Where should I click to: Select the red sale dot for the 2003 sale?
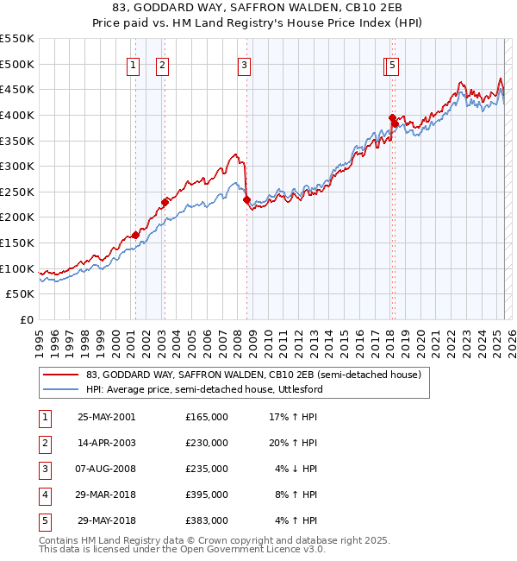point(164,202)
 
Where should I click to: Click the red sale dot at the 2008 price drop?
point(246,199)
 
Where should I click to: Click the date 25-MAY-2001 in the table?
point(106,417)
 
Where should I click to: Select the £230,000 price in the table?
point(207,443)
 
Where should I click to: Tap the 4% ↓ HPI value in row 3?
point(296,469)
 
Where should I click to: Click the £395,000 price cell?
point(207,495)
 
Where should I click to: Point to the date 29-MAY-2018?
point(106,520)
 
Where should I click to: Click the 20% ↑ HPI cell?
point(296,443)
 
